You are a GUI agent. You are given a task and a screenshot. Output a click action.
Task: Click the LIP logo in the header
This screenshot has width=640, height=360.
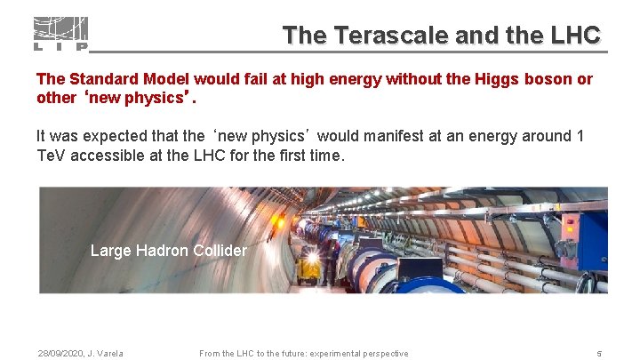60,34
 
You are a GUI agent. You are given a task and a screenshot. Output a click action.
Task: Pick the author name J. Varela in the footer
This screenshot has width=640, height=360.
108,354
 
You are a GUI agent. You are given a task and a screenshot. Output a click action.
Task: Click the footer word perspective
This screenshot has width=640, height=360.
383,354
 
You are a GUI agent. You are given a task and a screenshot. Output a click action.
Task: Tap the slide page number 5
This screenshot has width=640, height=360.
599,354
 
